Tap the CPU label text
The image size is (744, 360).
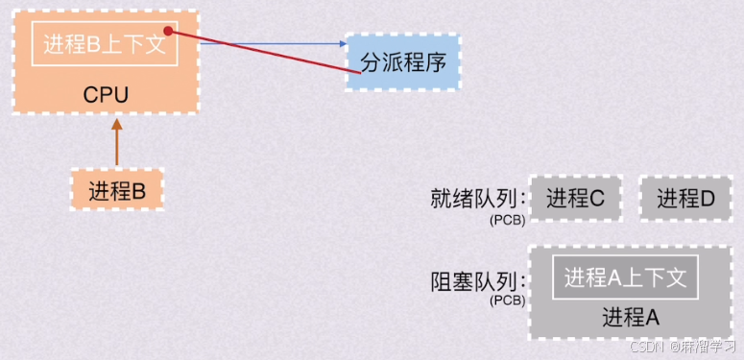(106, 95)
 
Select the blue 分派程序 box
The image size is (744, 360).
(402, 62)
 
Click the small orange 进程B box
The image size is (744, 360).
(117, 190)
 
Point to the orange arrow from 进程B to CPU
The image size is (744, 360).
(117, 144)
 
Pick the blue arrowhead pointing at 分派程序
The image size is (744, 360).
(341, 43)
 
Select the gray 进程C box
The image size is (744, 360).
(575, 199)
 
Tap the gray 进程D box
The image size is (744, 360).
(685, 199)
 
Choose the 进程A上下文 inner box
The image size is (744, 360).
(625, 277)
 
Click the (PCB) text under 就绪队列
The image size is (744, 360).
(507, 220)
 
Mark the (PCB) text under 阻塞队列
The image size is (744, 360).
(507, 300)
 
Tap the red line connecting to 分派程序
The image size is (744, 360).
(259, 51)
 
